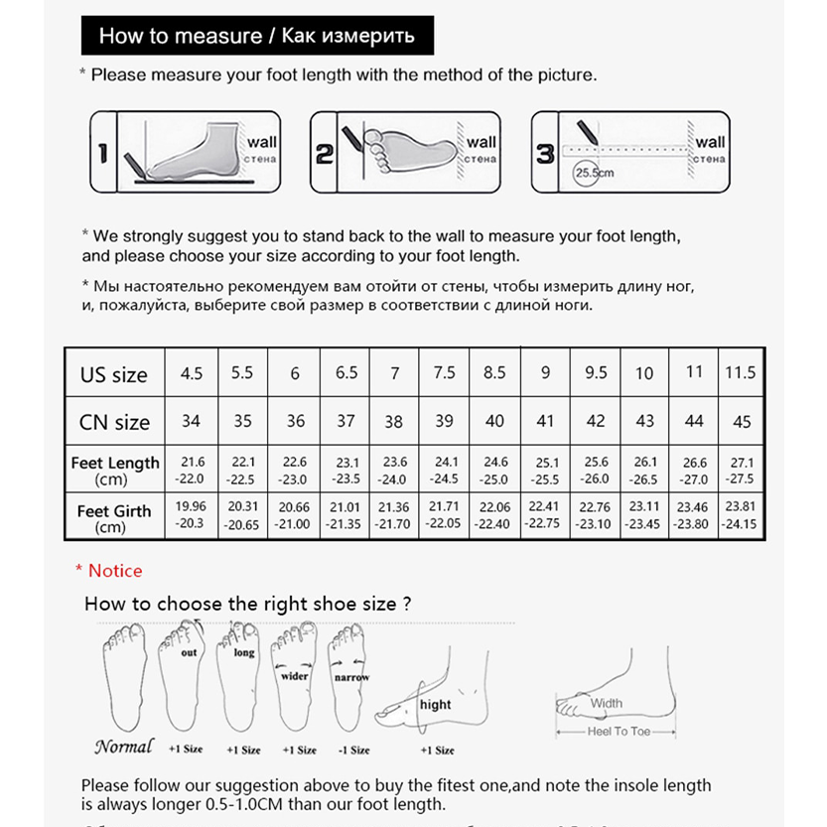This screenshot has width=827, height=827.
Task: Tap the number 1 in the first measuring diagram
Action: (102, 153)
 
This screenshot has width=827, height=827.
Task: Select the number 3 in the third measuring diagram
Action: (545, 154)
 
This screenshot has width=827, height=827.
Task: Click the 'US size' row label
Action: (113, 374)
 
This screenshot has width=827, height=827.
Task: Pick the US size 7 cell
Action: (395, 374)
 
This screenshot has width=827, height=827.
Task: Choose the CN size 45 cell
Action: (742, 422)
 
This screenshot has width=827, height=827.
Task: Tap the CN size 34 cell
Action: (191, 422)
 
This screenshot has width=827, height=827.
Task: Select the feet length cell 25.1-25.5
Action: (545, 470)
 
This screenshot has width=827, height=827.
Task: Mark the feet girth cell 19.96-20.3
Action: (191, 516)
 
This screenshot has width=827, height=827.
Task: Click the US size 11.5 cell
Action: (741, 373)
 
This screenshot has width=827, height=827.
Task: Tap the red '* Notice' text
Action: (109, 571)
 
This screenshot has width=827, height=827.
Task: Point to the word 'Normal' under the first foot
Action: (124, 747)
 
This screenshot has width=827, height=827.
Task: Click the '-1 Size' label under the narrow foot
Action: (352, 751)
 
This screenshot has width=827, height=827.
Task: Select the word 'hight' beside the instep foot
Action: (435, 705)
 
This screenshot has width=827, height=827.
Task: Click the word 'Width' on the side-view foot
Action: (607, 704)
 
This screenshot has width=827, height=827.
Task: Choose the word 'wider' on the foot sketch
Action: (295, 675)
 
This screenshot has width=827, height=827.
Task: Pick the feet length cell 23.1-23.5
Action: (345, 470)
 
